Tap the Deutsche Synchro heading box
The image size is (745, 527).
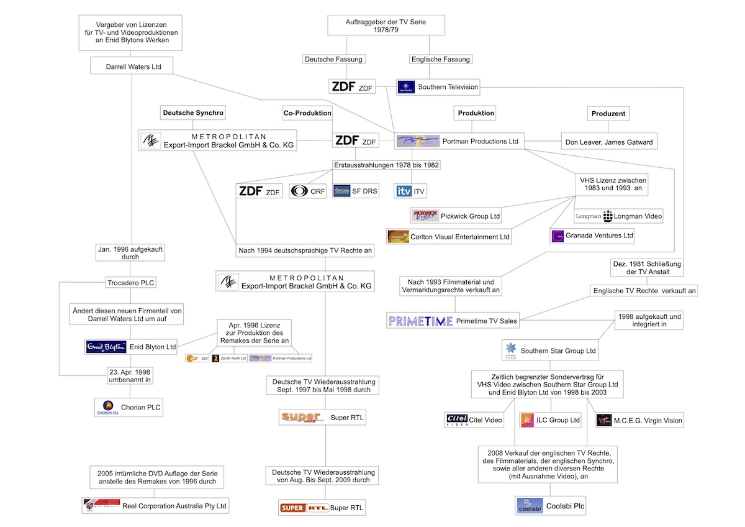click(x=192, y=112)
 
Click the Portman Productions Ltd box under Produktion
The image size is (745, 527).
click(x=459, y=141)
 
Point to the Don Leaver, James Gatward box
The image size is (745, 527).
click(x=608, y=142)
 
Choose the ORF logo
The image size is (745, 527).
click(x=299, y=191)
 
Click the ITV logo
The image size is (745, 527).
click(x=404, y=191)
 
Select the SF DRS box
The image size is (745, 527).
click(x=354, y=191)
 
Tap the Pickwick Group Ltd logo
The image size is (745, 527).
click(x=425, y=216)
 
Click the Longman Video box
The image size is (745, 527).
click(x=618, y=216)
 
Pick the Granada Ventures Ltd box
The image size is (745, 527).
click(x=593, y=236)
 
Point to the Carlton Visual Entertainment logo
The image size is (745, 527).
click(x=398, y=236)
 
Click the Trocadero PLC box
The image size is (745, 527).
click(x=130, y=283)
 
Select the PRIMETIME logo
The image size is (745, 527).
click(x=420, y=321)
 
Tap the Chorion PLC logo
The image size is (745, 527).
click(x=107, y=406)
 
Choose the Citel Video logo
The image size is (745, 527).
click(x=457, y=420)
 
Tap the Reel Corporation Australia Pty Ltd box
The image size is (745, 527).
click(x=155, y=505)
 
